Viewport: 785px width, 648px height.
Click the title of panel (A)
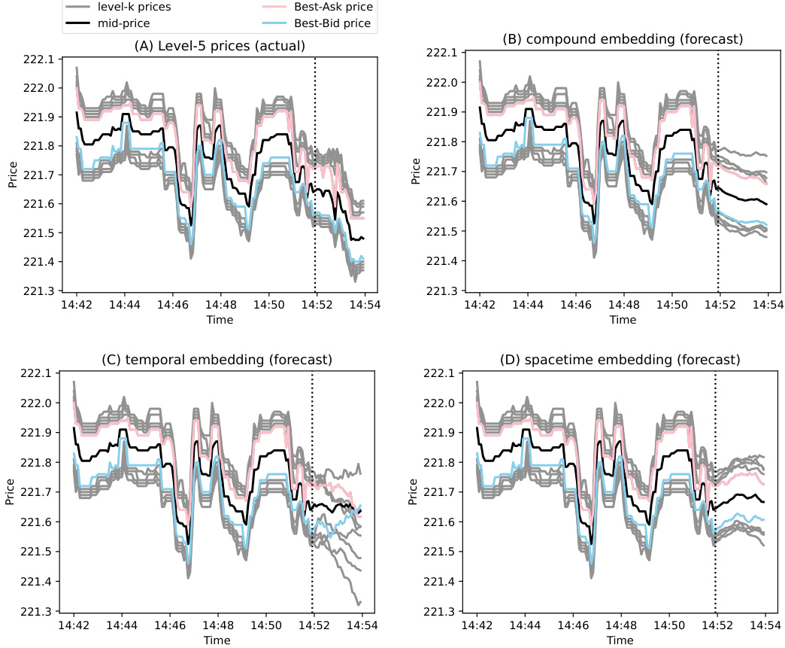(220, 46)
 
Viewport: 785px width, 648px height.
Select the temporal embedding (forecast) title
(217, 360)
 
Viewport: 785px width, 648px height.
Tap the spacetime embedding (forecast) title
(620, 360)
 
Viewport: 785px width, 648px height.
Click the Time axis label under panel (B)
(623, 319)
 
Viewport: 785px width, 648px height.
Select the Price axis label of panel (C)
(11, 491)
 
